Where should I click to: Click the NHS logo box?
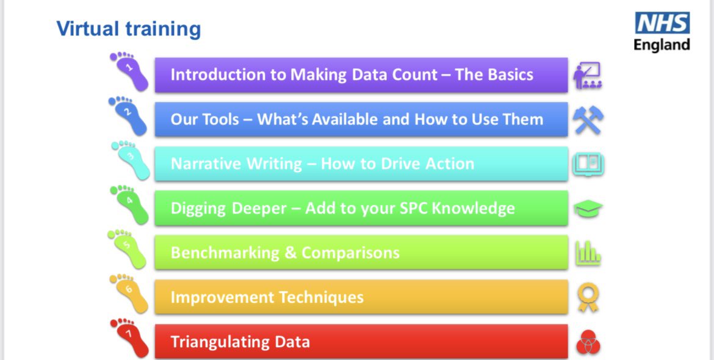click(662, 24)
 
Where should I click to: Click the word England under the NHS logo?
click(662, 45)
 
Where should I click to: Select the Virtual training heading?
click(128, 29)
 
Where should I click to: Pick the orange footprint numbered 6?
click(129, 293)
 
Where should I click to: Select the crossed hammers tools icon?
click(588, 120)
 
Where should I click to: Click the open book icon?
click(588, 164)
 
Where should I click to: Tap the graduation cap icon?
click(588, 209)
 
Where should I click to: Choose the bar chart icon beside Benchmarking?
click(588, 253)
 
